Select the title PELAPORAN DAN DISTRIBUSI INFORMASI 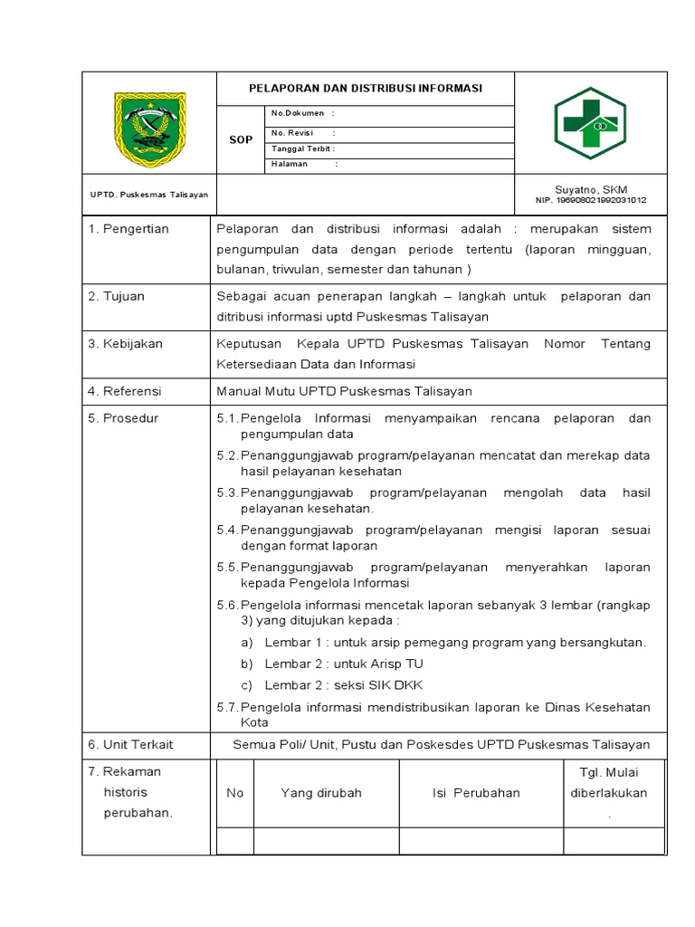point(366,89)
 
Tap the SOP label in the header point(241,140)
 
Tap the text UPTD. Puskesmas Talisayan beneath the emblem point(149,195)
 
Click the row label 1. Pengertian point(129,229)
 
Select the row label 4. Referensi point(125,391)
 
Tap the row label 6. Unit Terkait point(130,744)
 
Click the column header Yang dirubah point(321,793)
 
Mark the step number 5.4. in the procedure point(228,530)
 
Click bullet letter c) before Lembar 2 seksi point(246,685)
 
